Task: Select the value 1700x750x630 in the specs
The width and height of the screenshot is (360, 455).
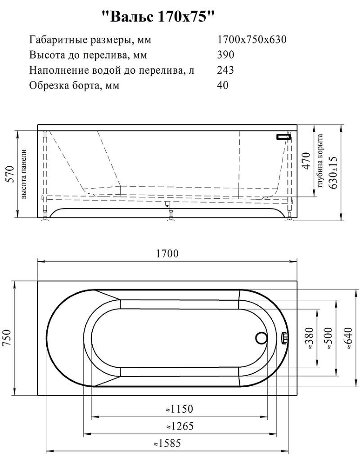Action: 252,40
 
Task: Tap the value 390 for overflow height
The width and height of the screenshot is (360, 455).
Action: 225,55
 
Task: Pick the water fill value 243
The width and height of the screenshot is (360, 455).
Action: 225,70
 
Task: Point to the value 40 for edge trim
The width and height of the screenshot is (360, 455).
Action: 223,85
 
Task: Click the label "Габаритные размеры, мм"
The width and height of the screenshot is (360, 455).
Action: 90,40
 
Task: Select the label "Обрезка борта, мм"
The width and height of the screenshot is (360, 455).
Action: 74,85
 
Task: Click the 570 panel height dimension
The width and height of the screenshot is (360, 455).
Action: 9,173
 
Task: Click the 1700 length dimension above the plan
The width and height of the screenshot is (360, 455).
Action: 167,254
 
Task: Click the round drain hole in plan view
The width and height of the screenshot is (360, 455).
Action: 261,338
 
